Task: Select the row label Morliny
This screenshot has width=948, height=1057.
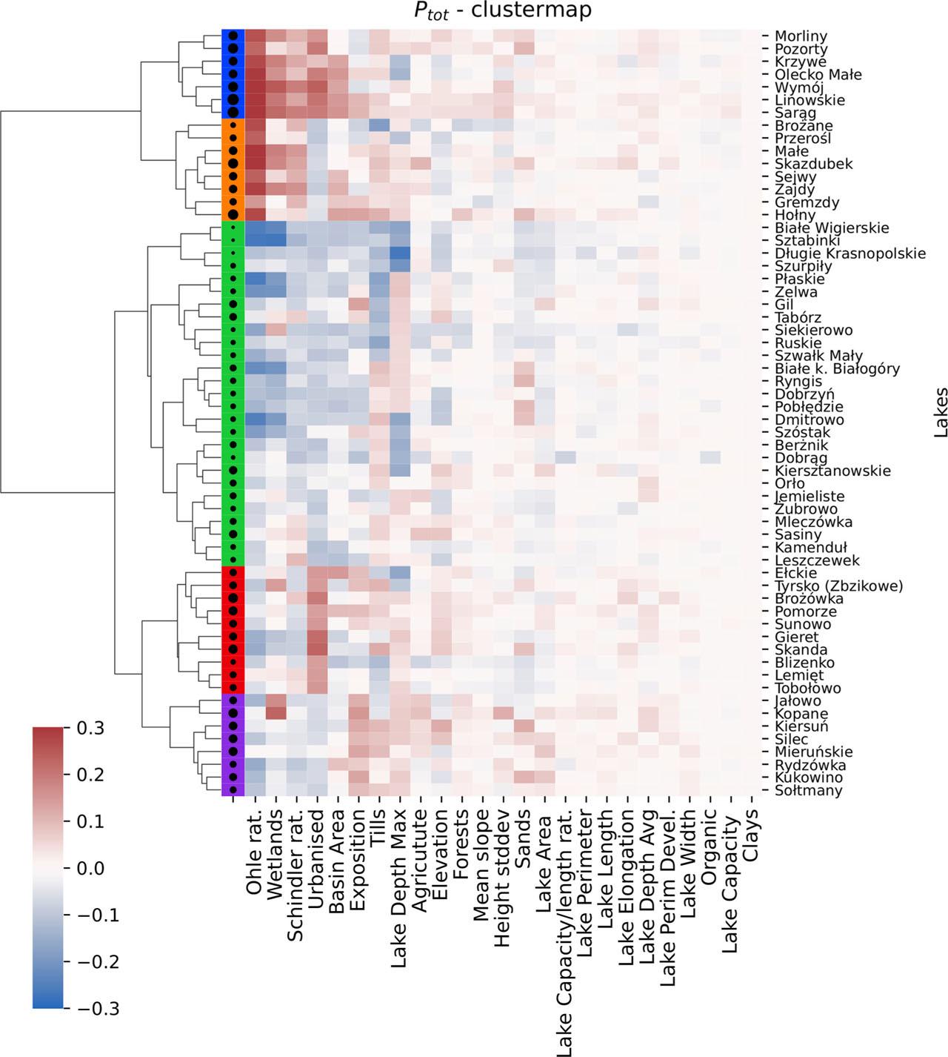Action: [801, 36]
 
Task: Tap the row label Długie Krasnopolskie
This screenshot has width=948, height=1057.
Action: [849, 254]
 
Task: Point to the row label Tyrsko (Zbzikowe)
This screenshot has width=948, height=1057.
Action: [838, 586]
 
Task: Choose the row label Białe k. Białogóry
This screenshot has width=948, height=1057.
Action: [837, 368]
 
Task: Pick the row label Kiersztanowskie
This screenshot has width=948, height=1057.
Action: [832, 471]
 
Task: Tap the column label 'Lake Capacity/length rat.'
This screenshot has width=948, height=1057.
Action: [566, 934]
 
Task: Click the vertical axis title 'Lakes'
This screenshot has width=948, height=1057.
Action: [941, 412]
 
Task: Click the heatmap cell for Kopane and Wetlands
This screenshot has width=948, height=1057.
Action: [276, 714]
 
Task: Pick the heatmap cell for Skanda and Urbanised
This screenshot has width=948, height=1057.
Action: [317, 649]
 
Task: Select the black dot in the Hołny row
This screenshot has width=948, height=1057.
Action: [233, 215]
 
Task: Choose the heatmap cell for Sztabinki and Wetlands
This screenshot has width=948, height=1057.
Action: [276, 240]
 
